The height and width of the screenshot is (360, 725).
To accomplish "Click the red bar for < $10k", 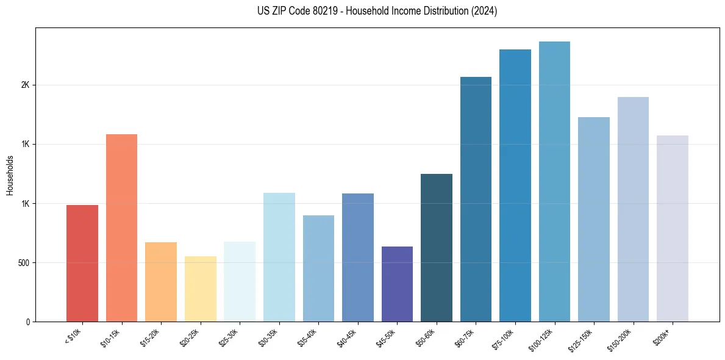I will pyautogui.click(x=82, y=264).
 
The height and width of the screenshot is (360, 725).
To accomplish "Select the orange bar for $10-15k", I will pyautogui.click(x=121, y=228).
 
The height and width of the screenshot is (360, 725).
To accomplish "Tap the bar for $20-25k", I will pyautogui.click(x=200, y=289).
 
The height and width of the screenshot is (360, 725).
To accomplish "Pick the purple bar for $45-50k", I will pyautogui.click(x=397, y=284).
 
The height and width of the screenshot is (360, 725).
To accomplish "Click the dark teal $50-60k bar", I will pyautogui.click(x=437, y=248).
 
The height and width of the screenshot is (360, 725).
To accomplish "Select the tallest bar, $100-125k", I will pyautogui.click(x=554, y=182).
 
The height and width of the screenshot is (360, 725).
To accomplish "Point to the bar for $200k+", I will pyautogui.click(x=673, y=229).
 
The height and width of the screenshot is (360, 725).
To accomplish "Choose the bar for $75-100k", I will pyautogui.click(x=515, y=185).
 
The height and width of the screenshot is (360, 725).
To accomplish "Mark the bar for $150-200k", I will pyautogui.click(x=633, y=209).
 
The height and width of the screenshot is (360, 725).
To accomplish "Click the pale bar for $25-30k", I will pyautogui.click(x=240, y=282).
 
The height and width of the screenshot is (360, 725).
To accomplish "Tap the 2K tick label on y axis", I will pyautogui.click(x=26, y=85).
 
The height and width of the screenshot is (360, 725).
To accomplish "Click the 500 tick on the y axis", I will pyautogui.click(x=23, y=263).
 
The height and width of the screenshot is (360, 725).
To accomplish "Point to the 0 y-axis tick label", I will pyautogui.click(x=28, y=322).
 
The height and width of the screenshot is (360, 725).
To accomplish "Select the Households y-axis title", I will pyautogui.click(x=10, y=175).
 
